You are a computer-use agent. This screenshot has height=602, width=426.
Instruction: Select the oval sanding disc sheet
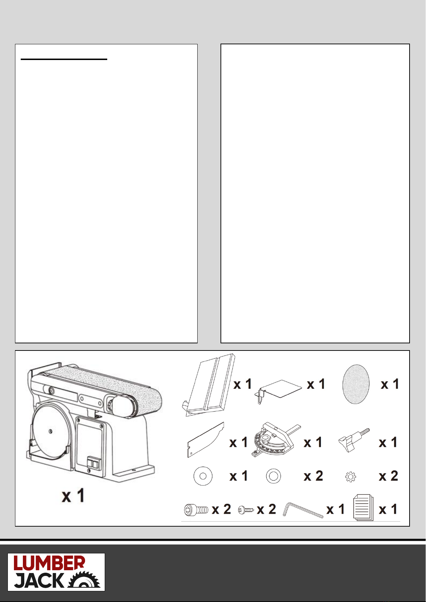(x=356, y=384)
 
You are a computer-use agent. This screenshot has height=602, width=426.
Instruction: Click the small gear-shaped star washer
(x=351, y=477)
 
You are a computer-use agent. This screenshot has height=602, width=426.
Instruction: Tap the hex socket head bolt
(x=196, y=509)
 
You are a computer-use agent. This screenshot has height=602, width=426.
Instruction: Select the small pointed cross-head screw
(x=246, y=509)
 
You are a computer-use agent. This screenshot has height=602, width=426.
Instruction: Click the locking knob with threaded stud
(x=354, y=440)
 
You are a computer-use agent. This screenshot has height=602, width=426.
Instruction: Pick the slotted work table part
(x=208, y=385)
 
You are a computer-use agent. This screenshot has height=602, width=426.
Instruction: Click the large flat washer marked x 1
(x=203, y=476)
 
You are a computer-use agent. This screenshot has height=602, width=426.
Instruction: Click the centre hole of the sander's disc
(x=50, y=432)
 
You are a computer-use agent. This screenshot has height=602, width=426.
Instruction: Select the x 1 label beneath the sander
(x=73, y=496)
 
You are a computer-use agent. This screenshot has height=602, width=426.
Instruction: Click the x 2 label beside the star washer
(x=388, y=476)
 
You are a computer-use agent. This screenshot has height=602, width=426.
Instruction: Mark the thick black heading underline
(x=64, y=59)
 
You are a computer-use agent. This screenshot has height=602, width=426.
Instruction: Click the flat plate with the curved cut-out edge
(x=205, y=439)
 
